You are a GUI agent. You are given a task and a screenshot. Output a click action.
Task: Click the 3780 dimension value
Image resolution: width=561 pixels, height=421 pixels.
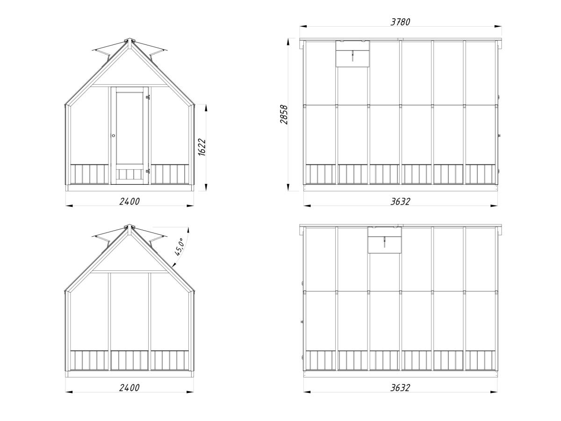click(x=400, y=22)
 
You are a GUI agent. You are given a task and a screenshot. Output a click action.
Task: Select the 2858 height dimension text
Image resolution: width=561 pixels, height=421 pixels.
click(x=284, y=115)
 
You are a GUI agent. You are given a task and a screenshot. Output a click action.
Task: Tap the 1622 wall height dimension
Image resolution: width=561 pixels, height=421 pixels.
click(x=202, y=147)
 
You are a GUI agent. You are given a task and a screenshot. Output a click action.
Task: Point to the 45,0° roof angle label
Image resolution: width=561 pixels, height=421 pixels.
click(x=179, y=247)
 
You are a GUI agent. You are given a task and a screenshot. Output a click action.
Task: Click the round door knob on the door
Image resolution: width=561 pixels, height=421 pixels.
click(x=113, y=136)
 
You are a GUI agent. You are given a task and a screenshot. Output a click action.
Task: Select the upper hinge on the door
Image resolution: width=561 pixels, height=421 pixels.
click(x=147, y=97)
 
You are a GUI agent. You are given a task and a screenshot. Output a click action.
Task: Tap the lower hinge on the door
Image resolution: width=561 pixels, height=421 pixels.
click(x=147, y=171)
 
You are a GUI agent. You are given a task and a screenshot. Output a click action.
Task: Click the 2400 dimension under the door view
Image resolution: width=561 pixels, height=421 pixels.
click(x=129, y=202)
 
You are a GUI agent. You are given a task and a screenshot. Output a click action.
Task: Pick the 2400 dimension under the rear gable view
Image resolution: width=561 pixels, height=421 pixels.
click(x=129, y=388)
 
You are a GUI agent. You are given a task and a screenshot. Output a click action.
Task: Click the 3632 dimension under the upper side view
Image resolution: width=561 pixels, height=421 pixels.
click(x=400, y=202)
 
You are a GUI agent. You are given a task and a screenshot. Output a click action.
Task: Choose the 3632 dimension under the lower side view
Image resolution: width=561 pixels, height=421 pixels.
click(x=400, y=388)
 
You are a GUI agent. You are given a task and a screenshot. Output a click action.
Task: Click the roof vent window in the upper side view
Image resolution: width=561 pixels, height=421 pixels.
click(x=352, y=54)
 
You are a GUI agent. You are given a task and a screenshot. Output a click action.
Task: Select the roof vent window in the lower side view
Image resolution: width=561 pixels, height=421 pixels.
click(x=384, y=240)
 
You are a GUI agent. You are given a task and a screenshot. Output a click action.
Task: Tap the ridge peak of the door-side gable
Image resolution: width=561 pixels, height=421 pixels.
click(x=130, y=40)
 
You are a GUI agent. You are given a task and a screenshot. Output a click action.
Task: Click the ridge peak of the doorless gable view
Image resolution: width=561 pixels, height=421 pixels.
click(x=130, y=226)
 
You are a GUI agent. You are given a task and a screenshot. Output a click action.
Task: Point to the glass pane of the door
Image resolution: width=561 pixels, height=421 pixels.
click(x=129, y=128)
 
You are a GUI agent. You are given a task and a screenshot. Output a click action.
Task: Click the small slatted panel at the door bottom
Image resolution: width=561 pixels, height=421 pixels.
click(x=130, y=174)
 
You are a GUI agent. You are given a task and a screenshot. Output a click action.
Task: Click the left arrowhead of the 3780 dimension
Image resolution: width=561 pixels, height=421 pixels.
click(x=303, y=26)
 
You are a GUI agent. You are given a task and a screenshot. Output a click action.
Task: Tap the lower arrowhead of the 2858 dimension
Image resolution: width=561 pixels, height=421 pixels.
click(x=288, y=188)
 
